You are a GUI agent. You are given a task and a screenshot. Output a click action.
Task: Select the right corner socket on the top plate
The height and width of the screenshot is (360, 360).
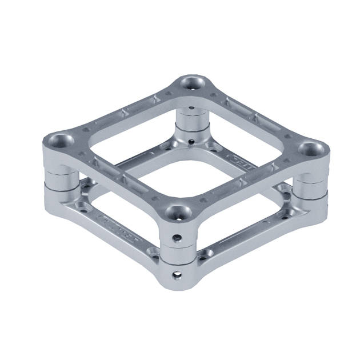tap(311, 150)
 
